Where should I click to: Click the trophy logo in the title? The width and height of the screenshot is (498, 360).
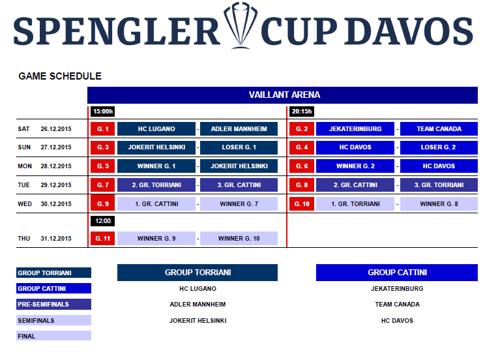(x=241, y=25)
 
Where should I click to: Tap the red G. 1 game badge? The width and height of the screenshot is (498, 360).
(x=102, y=129)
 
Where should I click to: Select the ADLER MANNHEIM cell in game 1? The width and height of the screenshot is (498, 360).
(x=239, y=129)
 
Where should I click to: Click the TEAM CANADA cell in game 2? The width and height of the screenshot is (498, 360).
(x=439, y=129)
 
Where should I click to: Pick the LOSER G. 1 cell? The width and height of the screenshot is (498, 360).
(x=239, y=147)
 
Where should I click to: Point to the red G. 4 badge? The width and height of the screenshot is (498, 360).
(x=302, y=147)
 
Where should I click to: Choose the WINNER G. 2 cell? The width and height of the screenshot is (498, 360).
(x=355, y=166)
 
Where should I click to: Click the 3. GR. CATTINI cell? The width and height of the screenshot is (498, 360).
(x=239, y=185)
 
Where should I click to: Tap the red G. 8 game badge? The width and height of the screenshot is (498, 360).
(x=302, y=185)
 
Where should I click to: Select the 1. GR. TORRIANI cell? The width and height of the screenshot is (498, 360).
(x=355, y=204)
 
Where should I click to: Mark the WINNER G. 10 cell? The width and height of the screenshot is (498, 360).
(x=239, y=238)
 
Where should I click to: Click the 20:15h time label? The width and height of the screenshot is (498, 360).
(x=302, y=112)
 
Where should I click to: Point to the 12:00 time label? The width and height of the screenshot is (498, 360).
(x=102, y=221)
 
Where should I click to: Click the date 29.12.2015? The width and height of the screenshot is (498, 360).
(x=56, y=185)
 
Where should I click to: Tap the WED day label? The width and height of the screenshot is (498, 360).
(x=25, y=204)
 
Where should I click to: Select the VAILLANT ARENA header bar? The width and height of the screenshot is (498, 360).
(x=282, y=95)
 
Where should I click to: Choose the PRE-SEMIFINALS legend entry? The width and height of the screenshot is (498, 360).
(x=53, y=304)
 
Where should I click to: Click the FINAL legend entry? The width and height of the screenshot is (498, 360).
(x=53, y=336)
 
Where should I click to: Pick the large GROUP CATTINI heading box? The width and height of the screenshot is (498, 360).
(x=397, y=273)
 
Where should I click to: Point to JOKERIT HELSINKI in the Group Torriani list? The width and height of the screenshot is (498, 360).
(x=198, y=321)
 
